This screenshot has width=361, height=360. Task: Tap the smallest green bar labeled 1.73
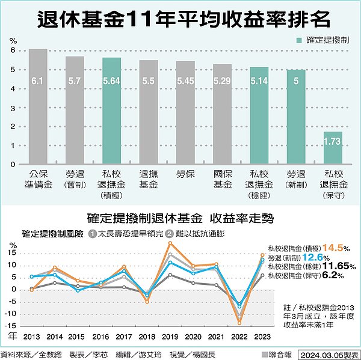(x=333, y=147)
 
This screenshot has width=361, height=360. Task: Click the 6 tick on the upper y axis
(x=12, y=50)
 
